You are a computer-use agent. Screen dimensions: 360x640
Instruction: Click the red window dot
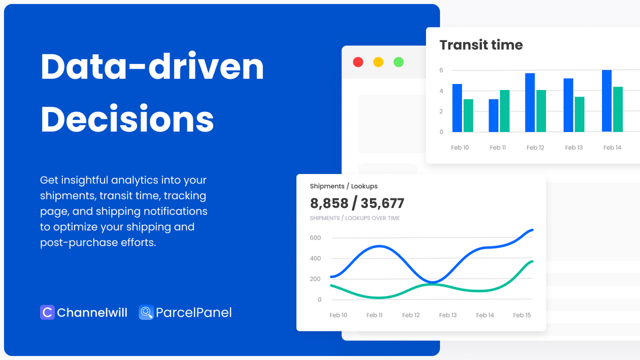point(358,62)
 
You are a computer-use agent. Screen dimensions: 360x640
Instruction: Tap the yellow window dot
point(378,62)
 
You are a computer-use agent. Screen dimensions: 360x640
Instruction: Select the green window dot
point(398,62)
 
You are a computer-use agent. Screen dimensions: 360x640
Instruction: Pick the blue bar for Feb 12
point(530,102)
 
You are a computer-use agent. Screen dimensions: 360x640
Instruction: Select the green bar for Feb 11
point(505,111)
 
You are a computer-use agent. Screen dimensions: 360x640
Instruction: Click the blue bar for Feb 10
point(457,108)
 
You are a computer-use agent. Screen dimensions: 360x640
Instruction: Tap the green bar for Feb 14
point(618,109)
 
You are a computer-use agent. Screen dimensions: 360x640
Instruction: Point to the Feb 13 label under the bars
point(573,147)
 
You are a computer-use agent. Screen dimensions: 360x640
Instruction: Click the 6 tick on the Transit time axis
point(441,70)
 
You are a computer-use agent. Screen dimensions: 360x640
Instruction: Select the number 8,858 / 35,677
point(357,203)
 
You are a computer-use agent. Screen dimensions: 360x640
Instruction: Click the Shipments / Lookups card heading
point(343,186)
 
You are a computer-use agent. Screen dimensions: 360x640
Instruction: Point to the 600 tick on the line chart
point(315,238)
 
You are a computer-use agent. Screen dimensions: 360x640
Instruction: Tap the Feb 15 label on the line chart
point(522,315)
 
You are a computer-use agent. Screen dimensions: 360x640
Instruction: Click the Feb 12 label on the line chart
point(411,315)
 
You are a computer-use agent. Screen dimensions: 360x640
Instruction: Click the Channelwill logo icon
point(47,312)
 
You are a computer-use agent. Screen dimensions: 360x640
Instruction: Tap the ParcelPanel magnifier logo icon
point(146,312)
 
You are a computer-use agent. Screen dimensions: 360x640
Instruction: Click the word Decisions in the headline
point(127,119)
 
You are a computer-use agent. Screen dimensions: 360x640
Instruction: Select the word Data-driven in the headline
point(152,67)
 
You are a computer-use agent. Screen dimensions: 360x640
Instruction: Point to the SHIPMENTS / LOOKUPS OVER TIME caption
point(354,218)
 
